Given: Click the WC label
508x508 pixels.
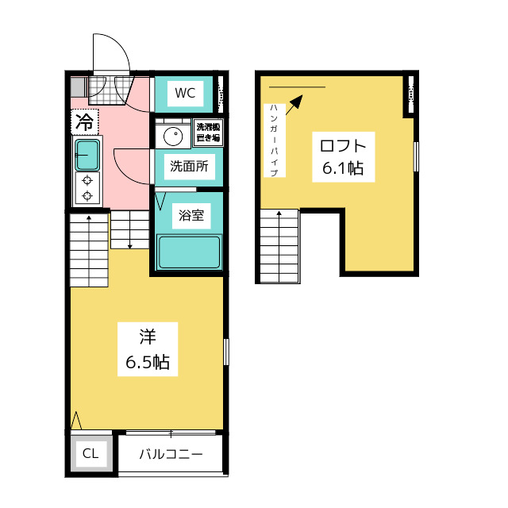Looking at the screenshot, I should (x=184, y=93).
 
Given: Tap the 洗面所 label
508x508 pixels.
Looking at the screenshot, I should (x=188, y=167).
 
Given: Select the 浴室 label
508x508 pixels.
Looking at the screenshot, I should (x=191, y=214).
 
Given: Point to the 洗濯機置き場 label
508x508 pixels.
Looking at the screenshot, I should (x=209, y=133).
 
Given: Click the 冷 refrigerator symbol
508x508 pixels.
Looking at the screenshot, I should (x=84, y=121).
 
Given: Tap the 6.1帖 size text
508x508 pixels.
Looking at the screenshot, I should (x=343, y=168).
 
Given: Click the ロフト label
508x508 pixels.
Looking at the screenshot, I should (x=343, y=146).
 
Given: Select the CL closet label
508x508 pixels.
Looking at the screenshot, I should (x=90, y=454).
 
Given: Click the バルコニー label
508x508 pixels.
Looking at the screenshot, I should (x=171, y=455).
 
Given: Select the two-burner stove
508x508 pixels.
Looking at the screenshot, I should (x=87, y=187).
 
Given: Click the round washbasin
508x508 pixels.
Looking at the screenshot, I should (x=172, y=136).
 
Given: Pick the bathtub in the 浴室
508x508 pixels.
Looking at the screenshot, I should (x=189, y=252).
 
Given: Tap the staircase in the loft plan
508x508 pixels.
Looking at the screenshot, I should (x=279, y=245).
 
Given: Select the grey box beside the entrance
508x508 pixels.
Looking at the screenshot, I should (x=77, y=87).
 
